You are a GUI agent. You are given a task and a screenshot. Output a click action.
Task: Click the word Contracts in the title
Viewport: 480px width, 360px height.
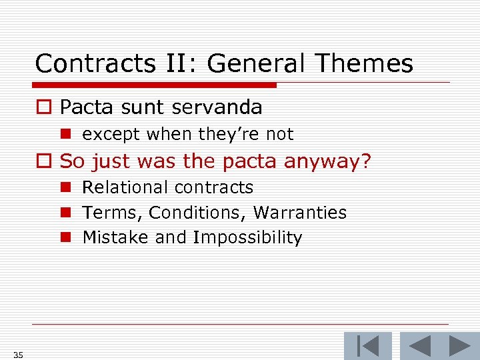83,64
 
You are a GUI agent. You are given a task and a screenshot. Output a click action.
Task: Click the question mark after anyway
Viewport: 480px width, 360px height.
365,162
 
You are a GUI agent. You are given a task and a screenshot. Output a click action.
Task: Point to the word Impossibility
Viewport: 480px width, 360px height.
247,238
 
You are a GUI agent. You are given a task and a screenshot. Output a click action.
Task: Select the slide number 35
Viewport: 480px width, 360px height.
18,355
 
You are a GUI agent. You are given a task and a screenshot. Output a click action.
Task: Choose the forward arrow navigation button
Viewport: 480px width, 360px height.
459,346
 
